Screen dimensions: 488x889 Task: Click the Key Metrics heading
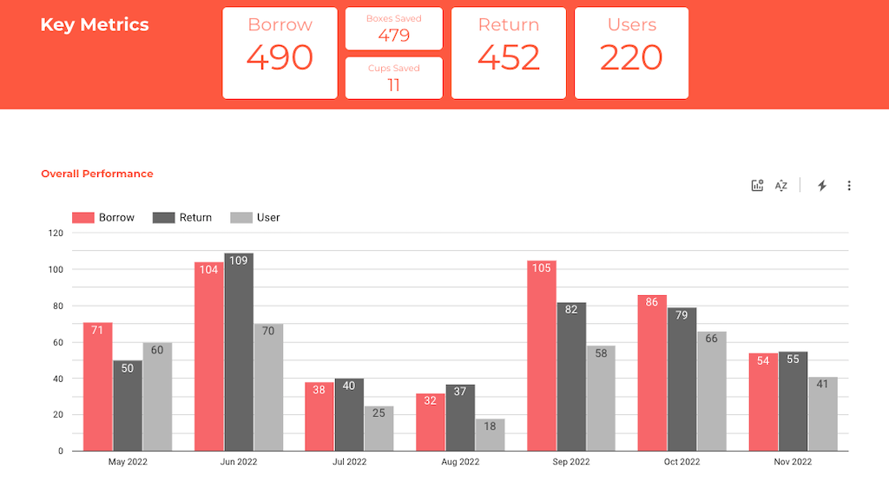click(x=95, y=24)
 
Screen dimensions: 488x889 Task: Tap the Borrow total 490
click(x=280, y=57)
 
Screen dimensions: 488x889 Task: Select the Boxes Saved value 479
click(x=394, y=36)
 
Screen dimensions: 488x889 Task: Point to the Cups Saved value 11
click(x=394, y=84)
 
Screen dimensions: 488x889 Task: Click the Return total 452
click(x=509, y=57)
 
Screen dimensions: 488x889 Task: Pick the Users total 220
click(x=631, y=57)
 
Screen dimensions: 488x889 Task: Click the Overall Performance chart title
click(x=97, y=174)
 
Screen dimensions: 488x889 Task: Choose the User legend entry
click(x=256, y=217)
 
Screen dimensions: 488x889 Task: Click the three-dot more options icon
click(x=849, y=185)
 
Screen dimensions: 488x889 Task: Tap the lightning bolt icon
click(x=822, y=185)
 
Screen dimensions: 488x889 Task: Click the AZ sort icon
click(x=781, y=185)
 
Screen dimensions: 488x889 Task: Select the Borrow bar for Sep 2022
click(x=542, y=356)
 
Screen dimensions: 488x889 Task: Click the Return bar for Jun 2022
click(x=239, y=352)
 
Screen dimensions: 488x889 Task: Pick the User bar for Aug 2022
click(x=491, y=435)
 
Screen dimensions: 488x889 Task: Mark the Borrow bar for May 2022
click(x=98, y=386)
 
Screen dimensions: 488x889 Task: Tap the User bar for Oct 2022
click(x=712, y=391)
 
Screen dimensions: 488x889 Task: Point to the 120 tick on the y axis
click(x=56, y=233)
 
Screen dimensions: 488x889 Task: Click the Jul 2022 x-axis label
click(x=350, y=462)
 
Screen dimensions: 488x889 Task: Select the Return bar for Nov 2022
click(x=794, y=401)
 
